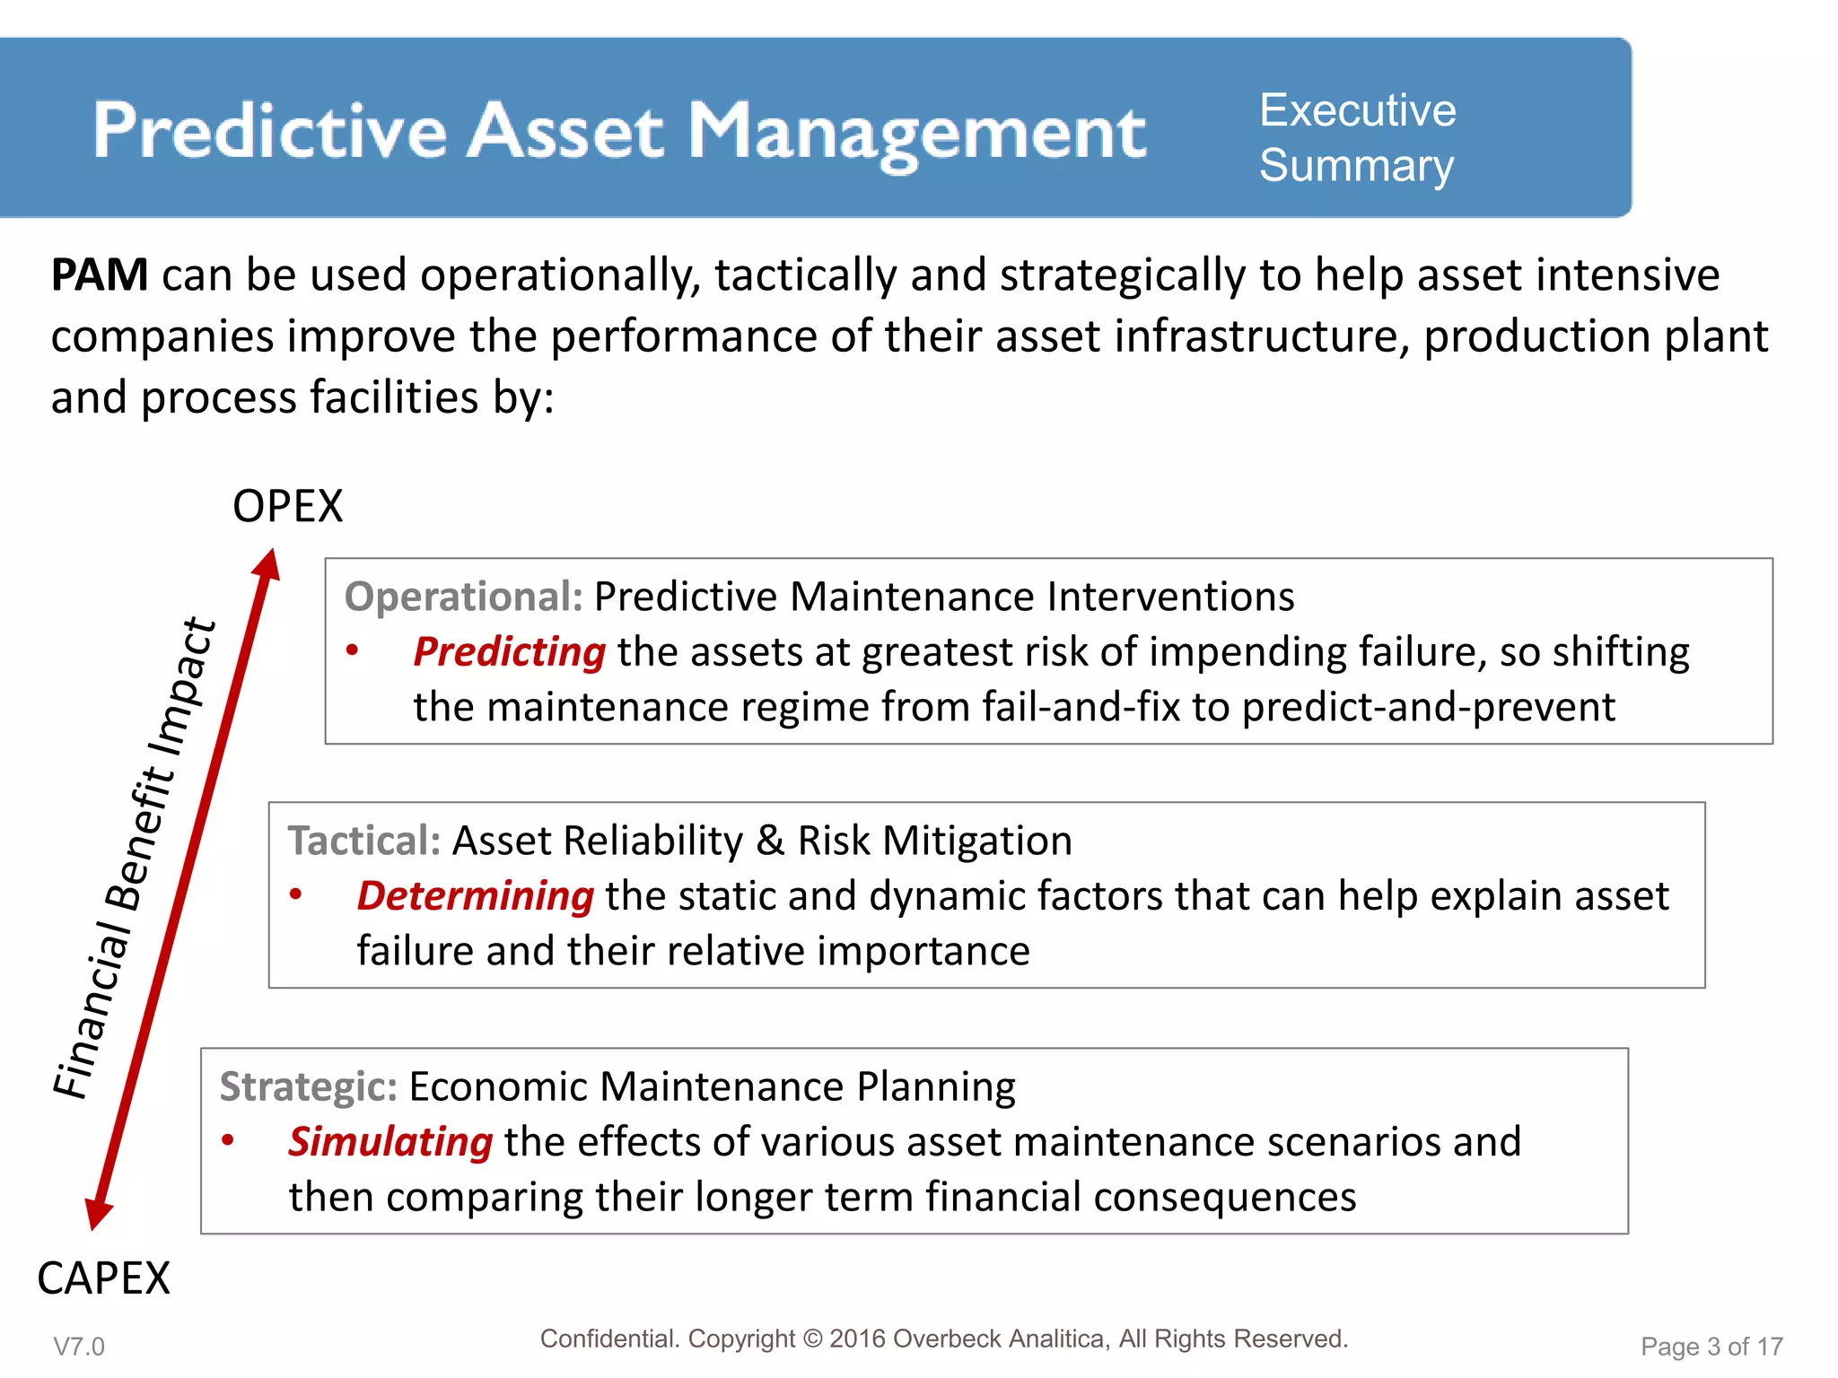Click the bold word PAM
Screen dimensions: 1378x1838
click(x=100, y=275)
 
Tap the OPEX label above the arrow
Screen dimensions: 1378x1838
click(x=287, y=507)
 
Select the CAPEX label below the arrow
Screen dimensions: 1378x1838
click(x=103, y=1278)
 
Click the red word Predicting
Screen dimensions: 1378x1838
click(x=509, y=652)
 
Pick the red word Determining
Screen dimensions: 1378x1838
click(x=475, y=896)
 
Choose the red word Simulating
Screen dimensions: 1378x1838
click(x=389, y=1142)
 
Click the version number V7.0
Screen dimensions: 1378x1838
click(x=79, y=1347)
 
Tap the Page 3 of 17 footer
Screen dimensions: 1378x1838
click(x=1711, y=1347)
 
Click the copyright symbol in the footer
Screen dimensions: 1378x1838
click(x=812, y=1339)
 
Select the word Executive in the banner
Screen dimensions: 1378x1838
click(x=1357, y=110)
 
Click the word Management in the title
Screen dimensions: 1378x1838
click(x=916, y=132)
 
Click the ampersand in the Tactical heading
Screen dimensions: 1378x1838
click(x=770, y=842)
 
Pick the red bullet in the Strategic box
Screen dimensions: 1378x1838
click(x=228, y=1140)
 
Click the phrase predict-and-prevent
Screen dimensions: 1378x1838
click(x=1428, y=707)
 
